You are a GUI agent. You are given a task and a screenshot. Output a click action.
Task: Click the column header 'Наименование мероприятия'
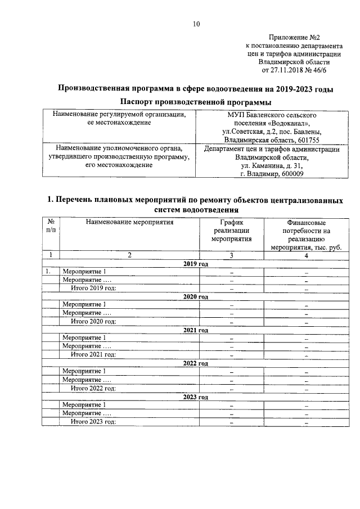coord(129,222)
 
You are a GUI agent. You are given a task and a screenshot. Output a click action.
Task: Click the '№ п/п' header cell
coord(51,226)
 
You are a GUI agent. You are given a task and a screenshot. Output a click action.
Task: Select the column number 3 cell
coord(231,255)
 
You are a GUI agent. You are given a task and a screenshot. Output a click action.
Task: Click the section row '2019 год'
coord(196,264)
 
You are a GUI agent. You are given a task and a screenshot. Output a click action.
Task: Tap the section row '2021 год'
coord(196,330)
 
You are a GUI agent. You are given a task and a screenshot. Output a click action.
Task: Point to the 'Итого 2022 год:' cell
coord(93,388)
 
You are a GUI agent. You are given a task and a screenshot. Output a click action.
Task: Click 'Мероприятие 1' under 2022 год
coord(84,371)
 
